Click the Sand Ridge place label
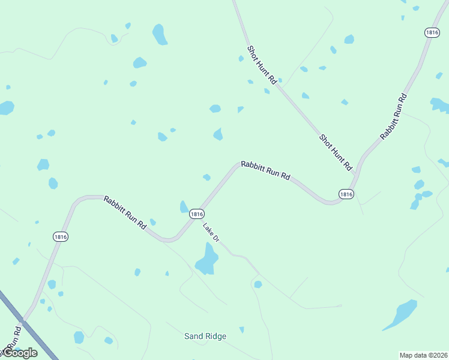click(205, 336)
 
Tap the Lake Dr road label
click(211, 233)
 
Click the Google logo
click(20, 353)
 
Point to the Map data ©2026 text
click(423, 355)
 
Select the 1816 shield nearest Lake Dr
click(197, 214)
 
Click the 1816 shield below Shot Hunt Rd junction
click(346, 194)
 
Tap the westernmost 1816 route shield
click(60, 236)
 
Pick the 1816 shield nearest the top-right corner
click(432, 33)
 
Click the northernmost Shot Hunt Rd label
click(263, 64)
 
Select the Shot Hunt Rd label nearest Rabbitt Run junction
click(335, 153)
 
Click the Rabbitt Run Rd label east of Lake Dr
click(265, 170)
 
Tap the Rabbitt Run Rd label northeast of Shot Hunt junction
click(393, 117)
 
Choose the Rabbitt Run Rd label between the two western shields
click(125, 212)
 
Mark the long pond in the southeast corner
click(400, 314)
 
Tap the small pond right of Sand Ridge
click(241, 329)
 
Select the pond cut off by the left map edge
click(5, 108)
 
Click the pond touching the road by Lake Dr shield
click(184, 207)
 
